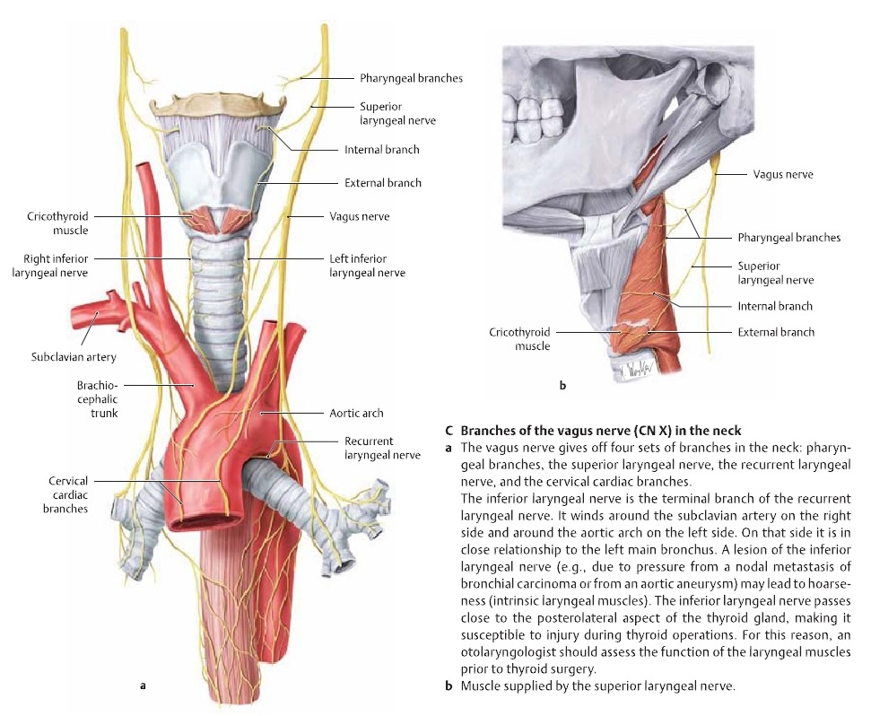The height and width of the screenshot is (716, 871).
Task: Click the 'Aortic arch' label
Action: (x=356, y=413)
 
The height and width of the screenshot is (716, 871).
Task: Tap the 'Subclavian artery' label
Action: (x=74, y=357)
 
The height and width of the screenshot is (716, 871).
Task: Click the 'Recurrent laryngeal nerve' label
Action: (x=381, y=448)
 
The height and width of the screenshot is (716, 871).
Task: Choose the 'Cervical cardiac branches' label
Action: (x=67, y=495)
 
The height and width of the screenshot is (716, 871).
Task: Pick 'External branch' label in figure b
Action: (x=776, y=332)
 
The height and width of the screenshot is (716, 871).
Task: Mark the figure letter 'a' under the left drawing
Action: (x=143, y=686)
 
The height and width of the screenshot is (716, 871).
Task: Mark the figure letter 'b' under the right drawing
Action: (x=562, y=386)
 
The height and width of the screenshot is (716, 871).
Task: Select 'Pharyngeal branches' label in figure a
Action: (x=411, y=78)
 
